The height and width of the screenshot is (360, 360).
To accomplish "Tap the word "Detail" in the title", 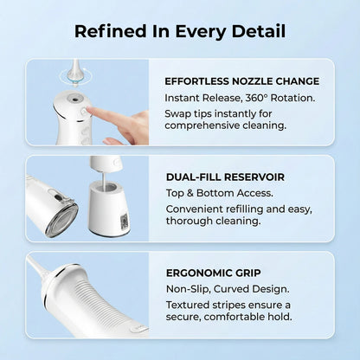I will click(x=257, y=32).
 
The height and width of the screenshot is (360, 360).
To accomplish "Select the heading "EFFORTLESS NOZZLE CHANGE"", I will click(x=241, y=81).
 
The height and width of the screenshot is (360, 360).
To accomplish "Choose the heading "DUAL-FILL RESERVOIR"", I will click(x=225, y=177).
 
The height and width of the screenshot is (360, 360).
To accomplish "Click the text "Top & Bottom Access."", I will click(x=219, y=192).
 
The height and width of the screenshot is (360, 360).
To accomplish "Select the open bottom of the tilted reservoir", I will click(x=61, y=219).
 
